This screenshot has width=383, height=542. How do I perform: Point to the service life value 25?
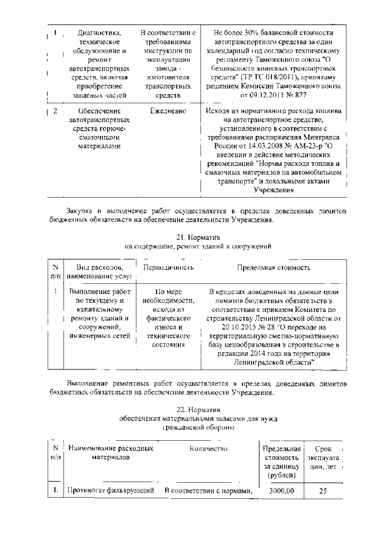coord(323,491)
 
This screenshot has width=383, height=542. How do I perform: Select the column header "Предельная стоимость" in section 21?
coord(273,267)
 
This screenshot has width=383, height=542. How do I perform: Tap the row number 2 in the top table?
coord(54,111)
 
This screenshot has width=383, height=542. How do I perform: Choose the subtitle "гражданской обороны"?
coord(197,428)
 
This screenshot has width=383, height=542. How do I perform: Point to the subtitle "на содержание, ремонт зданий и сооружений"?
coord(197,246)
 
